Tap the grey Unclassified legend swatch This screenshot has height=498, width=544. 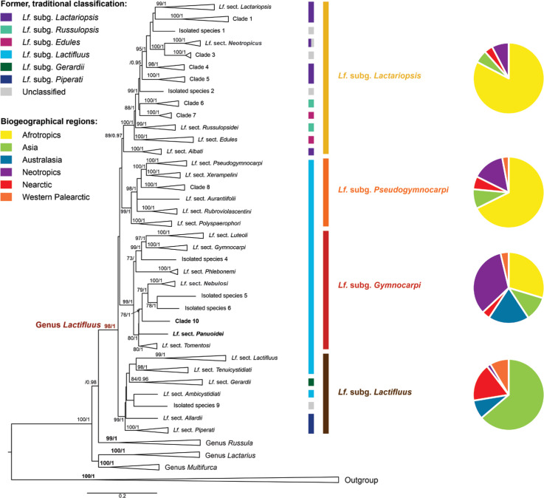10,92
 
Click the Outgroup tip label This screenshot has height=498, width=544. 362,480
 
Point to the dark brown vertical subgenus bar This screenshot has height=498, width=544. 326,393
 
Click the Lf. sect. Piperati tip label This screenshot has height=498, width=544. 196,429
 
